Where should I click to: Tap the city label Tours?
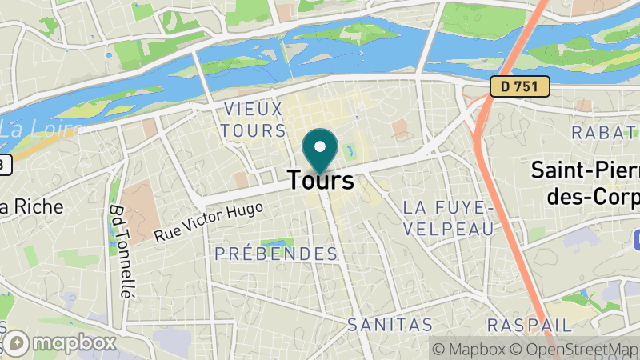320,180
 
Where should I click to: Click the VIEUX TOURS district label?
253,119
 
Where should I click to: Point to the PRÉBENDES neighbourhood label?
276,254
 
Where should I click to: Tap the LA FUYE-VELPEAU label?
446,218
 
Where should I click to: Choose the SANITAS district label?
390,325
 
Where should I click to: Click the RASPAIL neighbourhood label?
530,325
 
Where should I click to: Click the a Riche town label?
31,206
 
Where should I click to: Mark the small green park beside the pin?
350,150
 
